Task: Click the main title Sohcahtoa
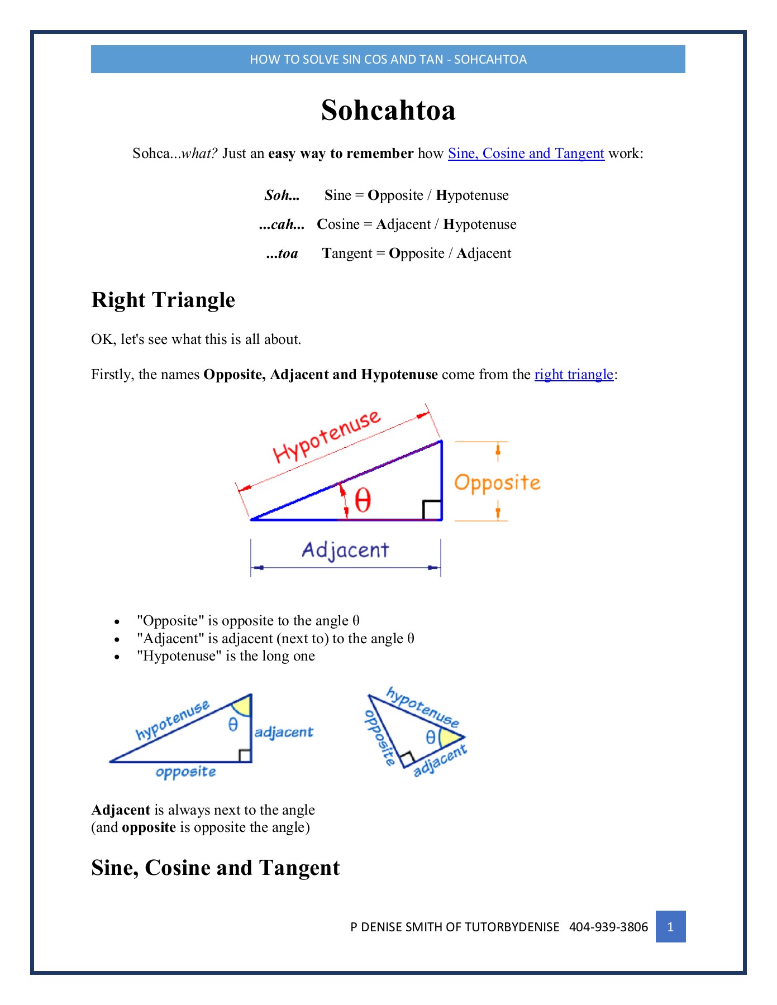pyautogui.click(x=388, y=110)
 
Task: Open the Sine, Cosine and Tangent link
pyautogui.click(x=526, y=154)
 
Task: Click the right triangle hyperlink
pyautogui.click(x=574, y=375)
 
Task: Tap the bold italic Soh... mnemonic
pyautogui.click(x=282, y=195)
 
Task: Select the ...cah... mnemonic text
pyautogui.click(x=282, y=224)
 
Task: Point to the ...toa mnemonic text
pyautogui.click(x=282, y=253)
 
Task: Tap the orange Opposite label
pyautogui.click(x=497, y=483)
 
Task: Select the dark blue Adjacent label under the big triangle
pyautogui.click(x=345, y=551)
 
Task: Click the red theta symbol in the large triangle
pyautogui.click(x=363, y=500)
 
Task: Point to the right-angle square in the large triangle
pyautogui.click(x=432, y=510)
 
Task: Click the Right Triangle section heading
pyautogui.click(x=163, y=300)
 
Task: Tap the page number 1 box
pyautogui.click(x=670, y=927)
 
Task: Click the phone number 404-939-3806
pyautogui.click(x=608, y=927)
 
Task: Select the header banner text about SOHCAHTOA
pyautogui.click(x=388, y=59)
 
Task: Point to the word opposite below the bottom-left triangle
pyautogui.click(x=186, y=772)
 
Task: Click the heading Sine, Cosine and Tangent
pyautogui.click(x=215, y=868)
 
